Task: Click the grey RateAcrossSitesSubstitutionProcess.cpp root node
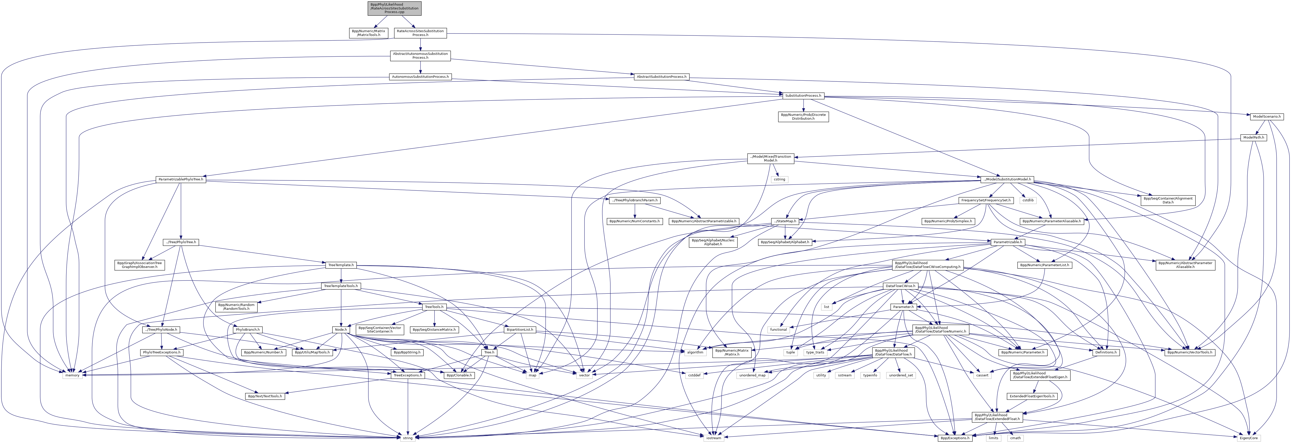pyautogui.click(x=394, y=8)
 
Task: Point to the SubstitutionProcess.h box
pyautogui.click(x=803, y=96)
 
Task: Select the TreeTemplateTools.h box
pyautogui.click(x=341, y=286)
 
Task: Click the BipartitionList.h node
pyautogui.click(x=520, y=330)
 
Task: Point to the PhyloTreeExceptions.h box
pyautogui.click(x=162, y=352)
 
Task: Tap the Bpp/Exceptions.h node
pyautogui.click(x=955, y=438)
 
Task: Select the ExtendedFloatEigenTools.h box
pyautogui.click(x=1032, y=396)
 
